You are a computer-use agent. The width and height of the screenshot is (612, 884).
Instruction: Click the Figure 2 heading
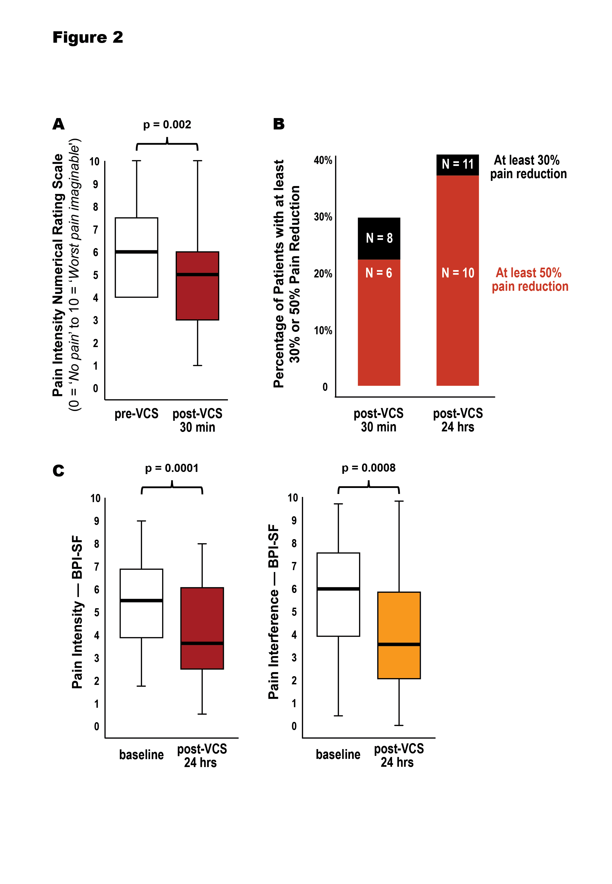[x=88, y=38]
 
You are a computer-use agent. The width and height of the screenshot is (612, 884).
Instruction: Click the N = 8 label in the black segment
[x=379, y=238]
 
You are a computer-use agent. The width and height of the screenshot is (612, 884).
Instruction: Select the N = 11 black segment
[x=458, y=165]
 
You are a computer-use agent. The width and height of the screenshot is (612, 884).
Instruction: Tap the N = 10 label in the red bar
[x=458, y=273]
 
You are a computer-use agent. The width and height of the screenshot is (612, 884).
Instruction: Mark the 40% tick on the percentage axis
[x=323, y=160]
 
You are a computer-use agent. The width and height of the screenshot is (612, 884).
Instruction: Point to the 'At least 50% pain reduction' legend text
[x=530, y=279]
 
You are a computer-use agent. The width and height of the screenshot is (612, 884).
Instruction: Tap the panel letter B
[x=279, y=124]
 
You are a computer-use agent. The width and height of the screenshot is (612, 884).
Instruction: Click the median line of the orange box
[x=399, y=644]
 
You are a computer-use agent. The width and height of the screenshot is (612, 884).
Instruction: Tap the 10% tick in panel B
[x=323, y=330]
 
